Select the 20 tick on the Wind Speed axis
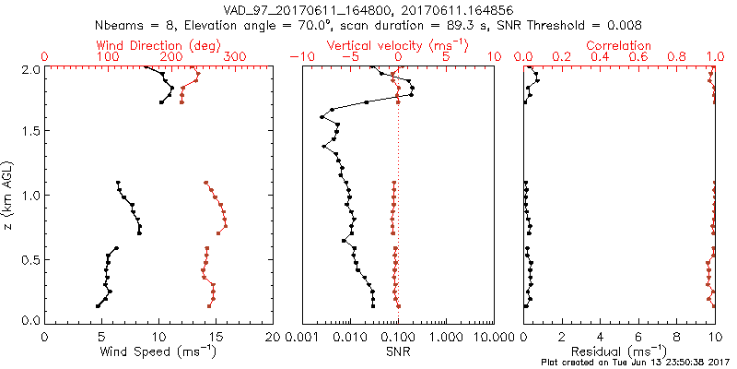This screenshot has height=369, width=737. (x=273, y=336)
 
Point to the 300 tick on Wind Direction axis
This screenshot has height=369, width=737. (x=235, y=57)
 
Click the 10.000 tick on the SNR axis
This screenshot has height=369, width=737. (x=488, y=336)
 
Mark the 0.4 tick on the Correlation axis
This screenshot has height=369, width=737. (x=600, y=57)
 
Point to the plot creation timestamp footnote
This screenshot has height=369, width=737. (x=633, y=363)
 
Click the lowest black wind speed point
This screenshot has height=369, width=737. (x=98, y=305)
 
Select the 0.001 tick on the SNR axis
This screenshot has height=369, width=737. (x=302, y=336)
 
